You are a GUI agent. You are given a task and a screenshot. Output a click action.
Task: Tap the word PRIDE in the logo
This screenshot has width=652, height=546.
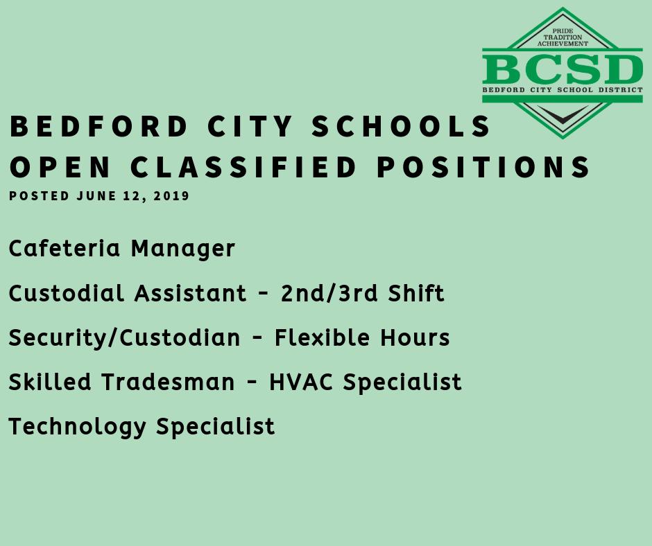point(563,31)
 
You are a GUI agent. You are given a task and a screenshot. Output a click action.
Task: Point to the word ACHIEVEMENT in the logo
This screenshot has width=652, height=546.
point(563,44)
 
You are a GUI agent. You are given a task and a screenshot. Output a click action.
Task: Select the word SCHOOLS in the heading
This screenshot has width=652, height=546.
point(402,127)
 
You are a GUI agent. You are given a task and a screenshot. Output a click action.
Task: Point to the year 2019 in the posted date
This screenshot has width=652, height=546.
point(172,196)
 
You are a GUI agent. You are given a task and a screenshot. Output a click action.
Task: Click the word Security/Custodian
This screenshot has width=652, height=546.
point(124,338)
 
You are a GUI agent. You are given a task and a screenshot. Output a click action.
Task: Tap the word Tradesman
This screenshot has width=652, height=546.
point(169,382)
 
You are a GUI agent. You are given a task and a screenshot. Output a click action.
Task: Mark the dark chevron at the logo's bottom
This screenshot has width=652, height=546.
point(563,115)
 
